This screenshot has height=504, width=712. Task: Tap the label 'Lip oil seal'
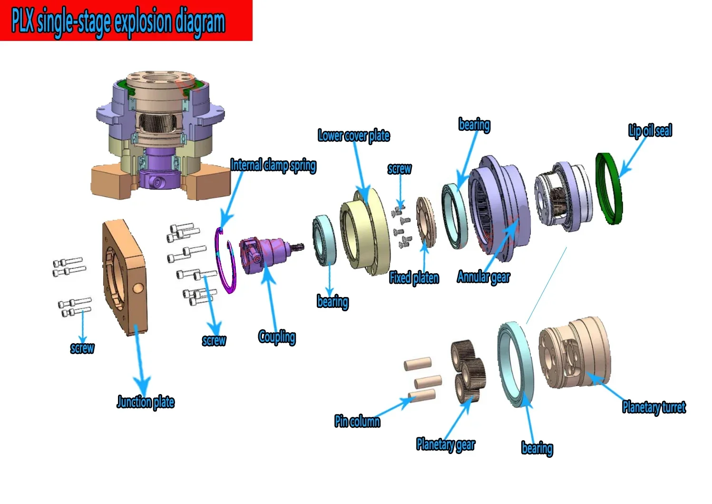[x=650, y=131]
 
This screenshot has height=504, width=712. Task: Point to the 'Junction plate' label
[x=146, y=402]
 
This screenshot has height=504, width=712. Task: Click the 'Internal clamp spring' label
[x=273, y=165]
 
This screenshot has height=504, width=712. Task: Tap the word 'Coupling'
[x=277, y=337]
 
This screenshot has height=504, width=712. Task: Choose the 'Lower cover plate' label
[x=354, y=136]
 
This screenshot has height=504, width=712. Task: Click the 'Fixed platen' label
[x=414, y=278]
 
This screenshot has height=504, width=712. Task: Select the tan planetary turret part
[x=574, y=353]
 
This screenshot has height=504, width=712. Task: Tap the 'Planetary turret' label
[x=654, y=407]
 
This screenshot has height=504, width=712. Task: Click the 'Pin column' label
[x=357, y=421]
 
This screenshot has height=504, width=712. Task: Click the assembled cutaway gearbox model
[x=160, y=135]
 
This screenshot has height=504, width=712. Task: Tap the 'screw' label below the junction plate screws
[x=82, y=348]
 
